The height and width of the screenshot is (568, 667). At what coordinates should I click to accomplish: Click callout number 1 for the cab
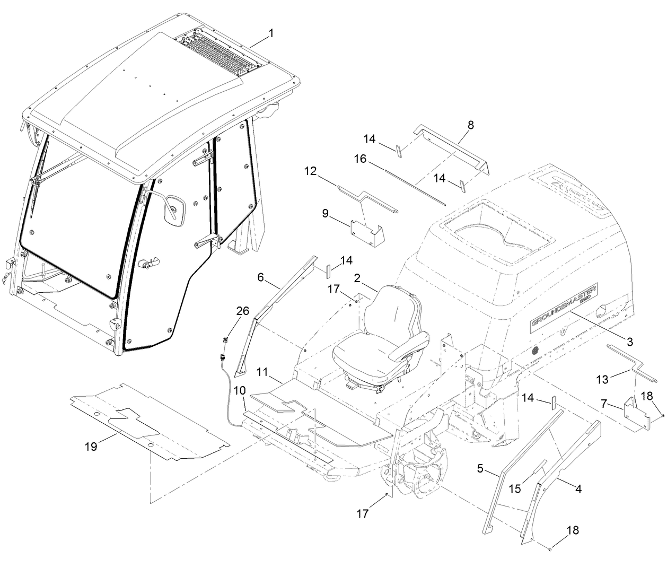pyautogui.click(x=271, y=33)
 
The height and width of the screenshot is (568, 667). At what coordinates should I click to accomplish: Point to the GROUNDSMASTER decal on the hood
pyautogui.click(x=564, y=308)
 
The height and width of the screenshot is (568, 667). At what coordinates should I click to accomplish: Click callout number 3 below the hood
pyautogui.click(x=629, y=342)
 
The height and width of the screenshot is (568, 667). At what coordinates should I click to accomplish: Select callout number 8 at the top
pyautogui.click(x=471, y=125)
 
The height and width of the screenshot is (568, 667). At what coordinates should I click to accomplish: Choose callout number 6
pyautogui.click(x=260, y=277)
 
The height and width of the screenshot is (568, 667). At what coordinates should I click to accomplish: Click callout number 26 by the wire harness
pyautogui.click(x=242, y=311)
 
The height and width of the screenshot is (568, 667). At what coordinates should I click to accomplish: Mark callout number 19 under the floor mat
pyautogui.click(x=91, y=446)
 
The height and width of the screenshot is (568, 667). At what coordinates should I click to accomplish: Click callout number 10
pyautogui.click(x=239, y=390)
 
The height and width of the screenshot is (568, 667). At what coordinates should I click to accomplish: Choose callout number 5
pyautogui.click(x=480, y=468)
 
